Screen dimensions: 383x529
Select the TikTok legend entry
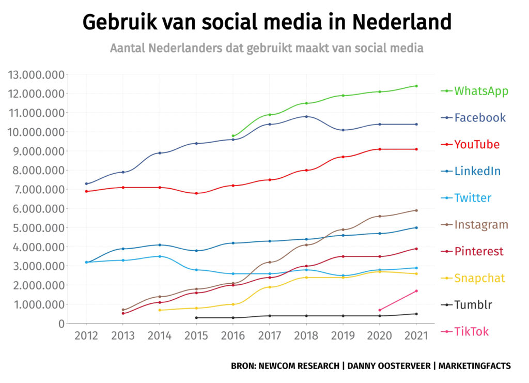[471, 331]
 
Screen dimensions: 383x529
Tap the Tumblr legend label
[473, 305]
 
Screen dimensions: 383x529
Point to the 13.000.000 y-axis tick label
[37, 75]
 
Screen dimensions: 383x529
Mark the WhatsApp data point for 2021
[416, 86]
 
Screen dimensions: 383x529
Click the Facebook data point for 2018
[306, 116]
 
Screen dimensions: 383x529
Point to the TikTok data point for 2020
[380, 310]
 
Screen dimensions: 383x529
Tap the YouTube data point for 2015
[196, 193]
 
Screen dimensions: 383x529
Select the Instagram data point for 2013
[123, 310]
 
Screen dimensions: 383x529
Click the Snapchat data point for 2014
[160, 310]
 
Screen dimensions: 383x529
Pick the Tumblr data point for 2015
[196, 317]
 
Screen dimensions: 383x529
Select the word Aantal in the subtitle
[127, 48]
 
